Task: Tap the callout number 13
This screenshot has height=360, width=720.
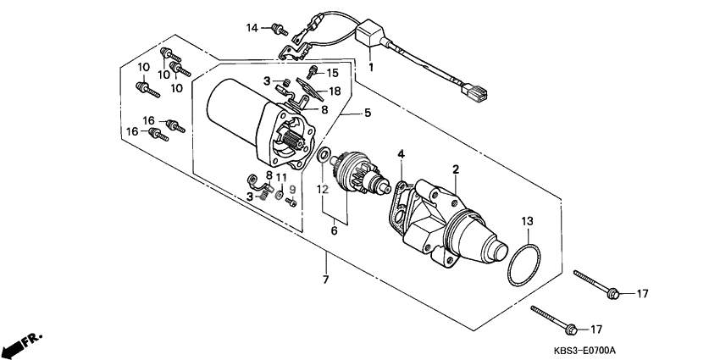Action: click(x=527, y=221)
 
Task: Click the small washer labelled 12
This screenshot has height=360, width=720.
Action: click(x=324, y=155)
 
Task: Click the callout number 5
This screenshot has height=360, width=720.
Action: click(x=368, y=113)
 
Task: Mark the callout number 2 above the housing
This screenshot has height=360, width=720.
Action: click(x=456, y=169)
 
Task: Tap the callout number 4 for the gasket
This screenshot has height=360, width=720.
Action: click(x=402, y=154)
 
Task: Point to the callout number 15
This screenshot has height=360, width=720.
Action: click(x=332, y=73)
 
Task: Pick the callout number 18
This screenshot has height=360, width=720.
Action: click(x=335, y=91)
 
